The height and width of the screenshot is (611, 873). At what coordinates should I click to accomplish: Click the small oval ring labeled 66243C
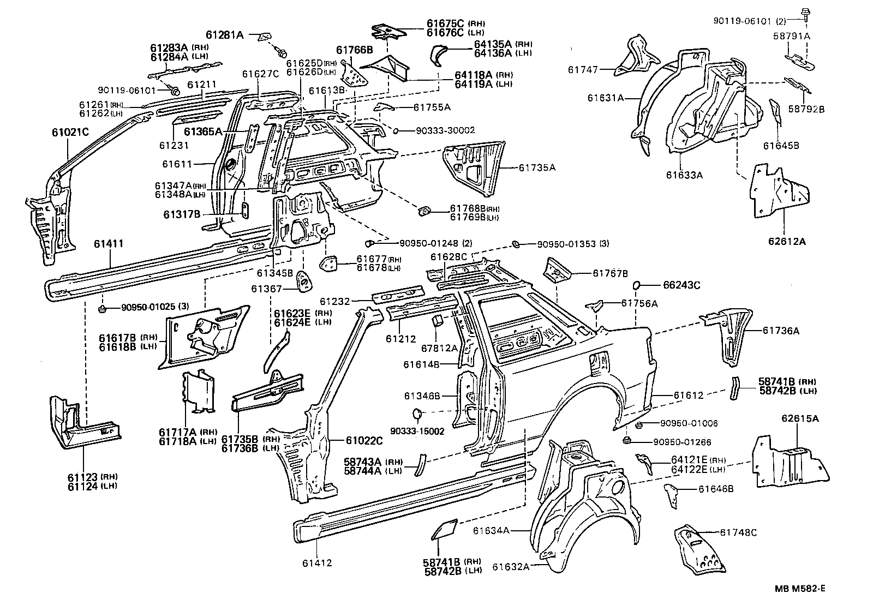coord(637,285)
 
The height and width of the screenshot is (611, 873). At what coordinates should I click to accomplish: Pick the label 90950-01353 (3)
coord(572,244)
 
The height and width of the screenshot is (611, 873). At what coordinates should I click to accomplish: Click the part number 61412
coord(317,563)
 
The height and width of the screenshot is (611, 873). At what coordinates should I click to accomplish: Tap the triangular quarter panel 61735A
coord(472,166)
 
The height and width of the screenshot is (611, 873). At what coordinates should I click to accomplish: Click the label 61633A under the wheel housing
coord(684,175)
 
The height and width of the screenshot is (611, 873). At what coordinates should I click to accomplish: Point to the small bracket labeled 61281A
coord(265,35)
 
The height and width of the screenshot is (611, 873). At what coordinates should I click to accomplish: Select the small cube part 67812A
coord(438,320)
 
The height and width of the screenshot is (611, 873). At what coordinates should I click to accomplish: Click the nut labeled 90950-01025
coord(102,309)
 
